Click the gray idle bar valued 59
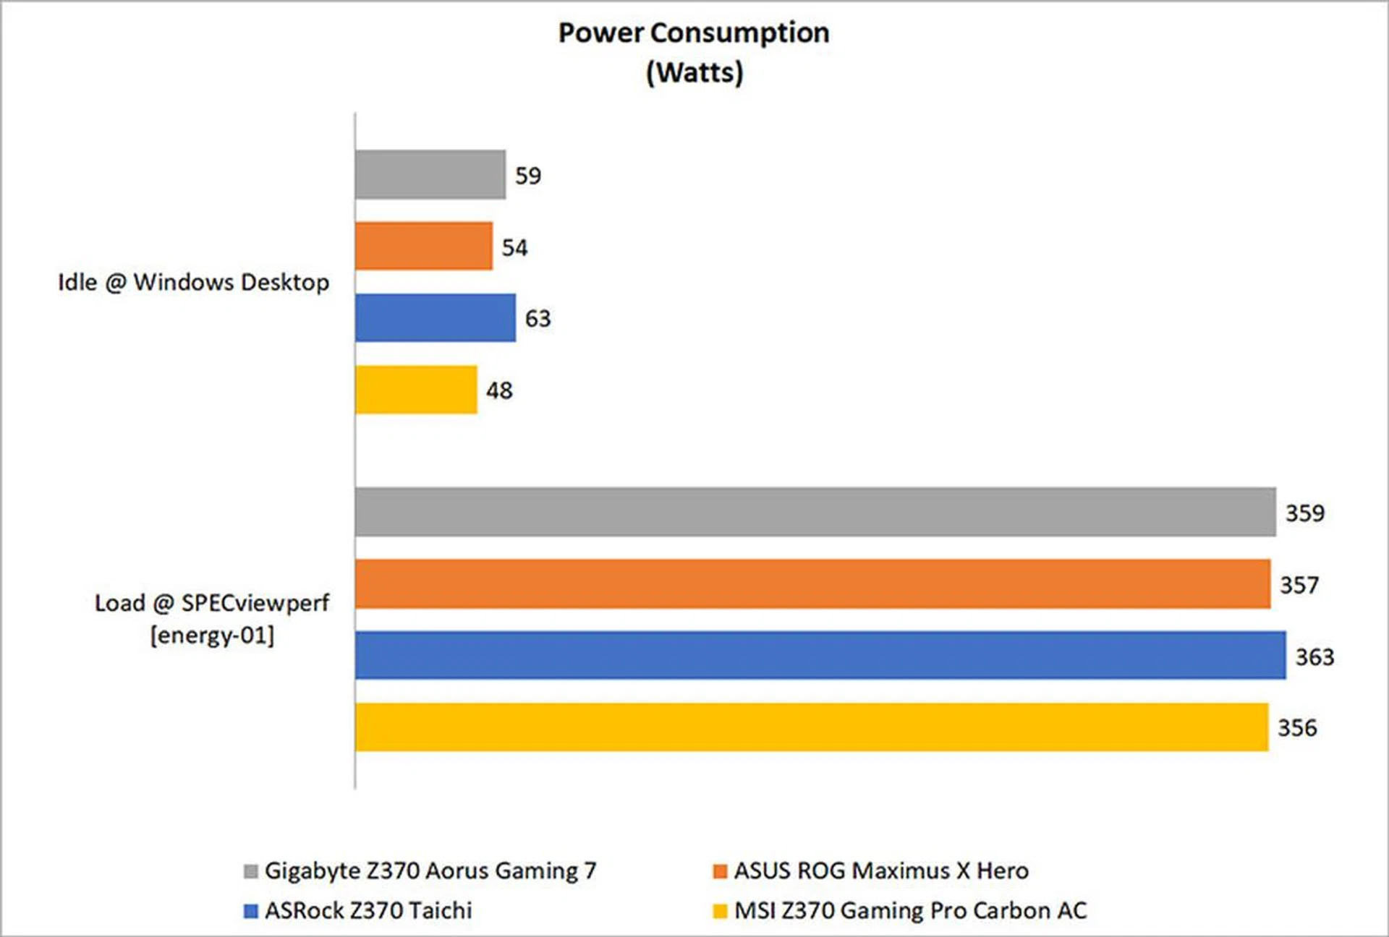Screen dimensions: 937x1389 (430, 174)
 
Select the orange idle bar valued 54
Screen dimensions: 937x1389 (424, 246)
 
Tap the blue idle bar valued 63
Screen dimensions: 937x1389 (436, 317)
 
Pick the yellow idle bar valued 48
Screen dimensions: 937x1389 (416, 390)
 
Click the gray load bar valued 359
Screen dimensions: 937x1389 (815, 512)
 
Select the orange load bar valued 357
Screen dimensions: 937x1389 (812, 583)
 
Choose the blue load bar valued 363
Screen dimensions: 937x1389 (820, 655)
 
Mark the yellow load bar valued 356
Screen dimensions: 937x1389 (812, 727)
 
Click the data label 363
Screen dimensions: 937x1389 (1314, 656)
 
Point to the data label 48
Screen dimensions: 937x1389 (499, 390)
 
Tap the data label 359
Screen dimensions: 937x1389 (1304, 513)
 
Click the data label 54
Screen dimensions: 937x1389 (514, 247)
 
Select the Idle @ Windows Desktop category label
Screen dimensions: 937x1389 (193, 282)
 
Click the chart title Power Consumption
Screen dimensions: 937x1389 (694, 33)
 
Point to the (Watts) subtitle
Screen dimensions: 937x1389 (694, 72)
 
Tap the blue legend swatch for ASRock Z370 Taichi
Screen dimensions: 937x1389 (251, 911)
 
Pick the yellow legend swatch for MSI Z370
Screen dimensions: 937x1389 (720, 911)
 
